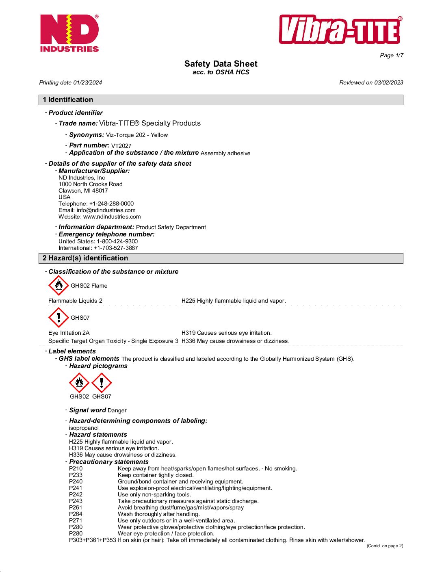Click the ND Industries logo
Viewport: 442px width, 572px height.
click(69, 33)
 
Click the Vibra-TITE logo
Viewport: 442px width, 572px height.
click(340, 30)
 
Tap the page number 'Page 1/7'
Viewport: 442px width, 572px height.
click(391, 55)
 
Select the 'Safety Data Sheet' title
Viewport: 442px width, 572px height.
click(221, 64)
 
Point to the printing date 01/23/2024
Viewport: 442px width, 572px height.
click(87, 82)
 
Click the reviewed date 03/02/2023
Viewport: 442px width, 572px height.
click(388, 82)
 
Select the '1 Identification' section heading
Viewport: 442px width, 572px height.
click(68, 100)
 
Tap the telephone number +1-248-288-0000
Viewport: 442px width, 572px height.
click(111, 204)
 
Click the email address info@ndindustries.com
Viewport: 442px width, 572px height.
click(106, 210)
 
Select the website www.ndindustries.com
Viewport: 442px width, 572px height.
click(112, 217)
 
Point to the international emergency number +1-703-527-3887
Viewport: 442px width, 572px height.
click(116, 248)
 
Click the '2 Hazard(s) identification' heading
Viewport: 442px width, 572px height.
click(85, 258)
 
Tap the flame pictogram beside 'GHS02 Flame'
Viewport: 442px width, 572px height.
click(58, 285)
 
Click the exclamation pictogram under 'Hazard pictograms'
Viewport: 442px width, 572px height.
click(102, 383)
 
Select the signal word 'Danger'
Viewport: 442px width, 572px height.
click(117, 411)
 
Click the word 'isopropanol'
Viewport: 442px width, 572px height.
click(84, 428)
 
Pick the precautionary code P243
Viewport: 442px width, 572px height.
click(76, 501)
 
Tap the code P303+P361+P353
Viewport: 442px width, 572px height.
click(92, 540)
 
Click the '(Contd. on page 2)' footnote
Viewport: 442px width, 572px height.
click(385, 546)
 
